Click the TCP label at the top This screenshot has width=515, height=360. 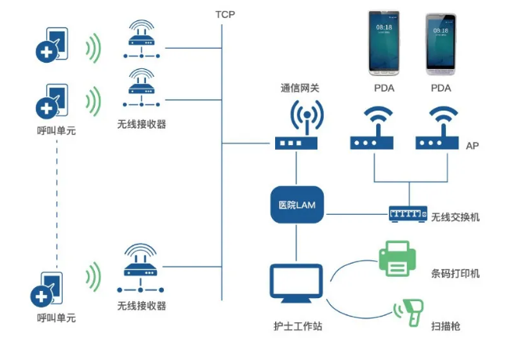(x=225, y=15)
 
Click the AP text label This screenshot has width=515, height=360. (x=472, y=147)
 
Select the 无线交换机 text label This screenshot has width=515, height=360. (x=455, y=216)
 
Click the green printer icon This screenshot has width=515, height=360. (x=397, y=260)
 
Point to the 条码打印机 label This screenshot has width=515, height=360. (x=455, y=274)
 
